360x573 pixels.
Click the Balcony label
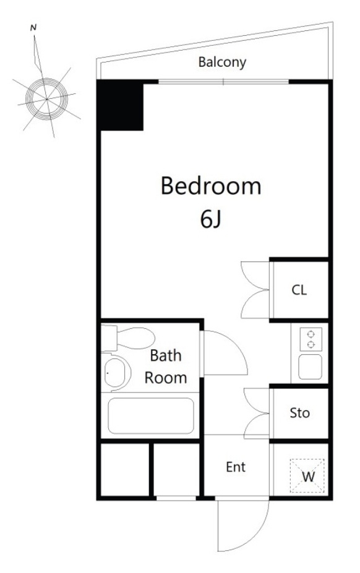[x=221, y=62]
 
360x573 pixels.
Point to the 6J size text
[x=211, y=219]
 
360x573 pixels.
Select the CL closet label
[x=299, y=290]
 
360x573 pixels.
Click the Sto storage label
[x=299, y=413]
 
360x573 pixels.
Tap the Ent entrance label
[x=236, y=467]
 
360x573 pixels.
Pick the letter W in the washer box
[x=308, y=477]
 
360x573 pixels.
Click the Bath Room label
[x=166, y=367]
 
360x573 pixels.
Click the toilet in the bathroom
[x=127, y=338]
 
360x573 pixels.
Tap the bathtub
[x=151, y=415]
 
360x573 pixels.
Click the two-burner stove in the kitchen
[x=311, y=339]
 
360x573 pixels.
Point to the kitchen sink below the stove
[x=311, y=367]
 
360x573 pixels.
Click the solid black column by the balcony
[x=119, y=106]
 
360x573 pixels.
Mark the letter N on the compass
[x=33, y=27]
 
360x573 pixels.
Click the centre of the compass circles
[x=47, y=99]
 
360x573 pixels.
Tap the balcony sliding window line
[x=223, y=82]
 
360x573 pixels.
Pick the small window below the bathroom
[x=176, y=498]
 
